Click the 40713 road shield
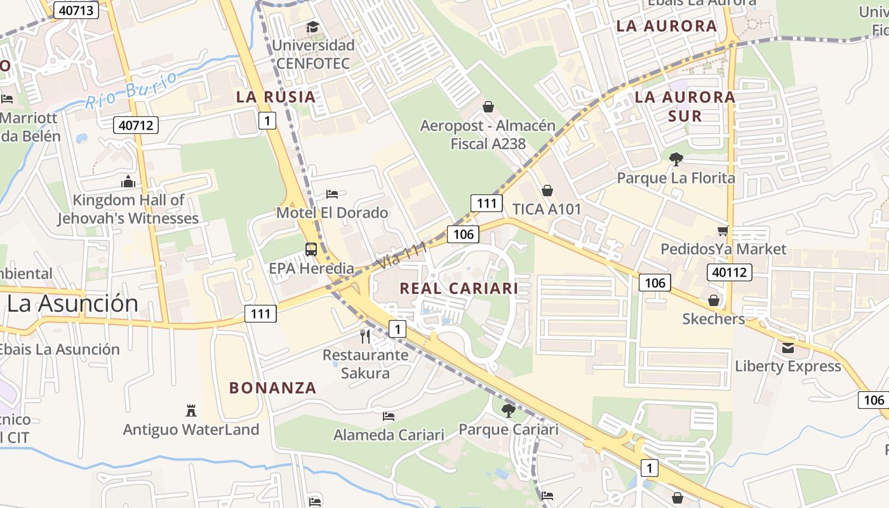click(76, 10)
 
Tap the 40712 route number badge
click(136, 125)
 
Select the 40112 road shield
click(729, 272)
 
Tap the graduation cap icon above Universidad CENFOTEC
click(312, 27)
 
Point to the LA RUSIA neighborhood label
click(276, 97)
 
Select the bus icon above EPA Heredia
click(311, 250)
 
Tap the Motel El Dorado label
click(332, 213)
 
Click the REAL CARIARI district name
click(458, 288)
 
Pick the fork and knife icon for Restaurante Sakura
click(365, 336)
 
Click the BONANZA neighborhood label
click(272, 387)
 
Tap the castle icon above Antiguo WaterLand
click(191, 410)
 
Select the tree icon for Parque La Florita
click(676, 159)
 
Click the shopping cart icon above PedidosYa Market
click(723, 231)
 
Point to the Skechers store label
click(713, 319)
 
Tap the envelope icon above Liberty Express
click(788, 347)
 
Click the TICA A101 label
click(547, 208)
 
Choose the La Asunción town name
click(72, 304)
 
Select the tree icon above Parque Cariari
click(508, 410)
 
